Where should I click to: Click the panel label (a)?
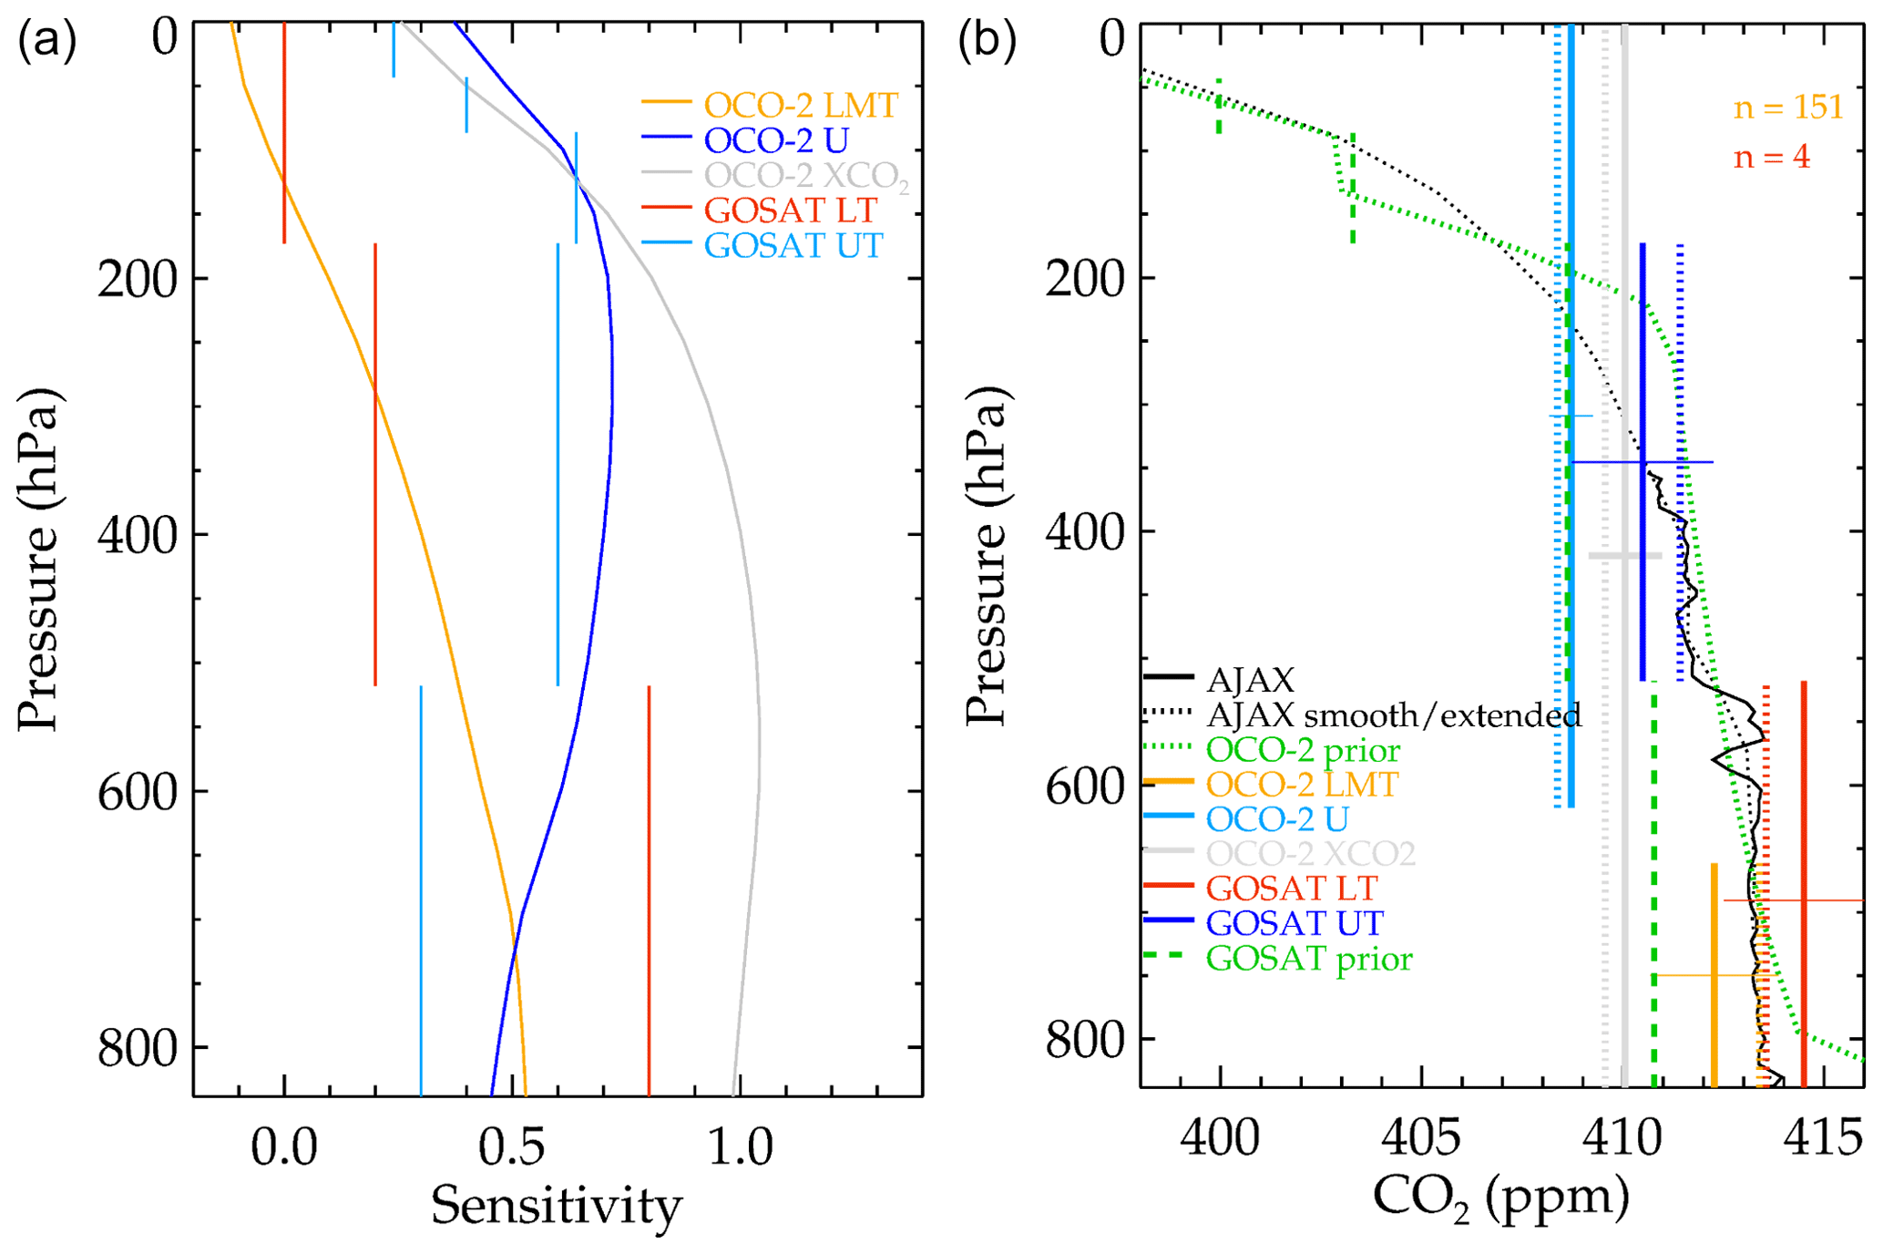pyautogui.click(x=47, y=42)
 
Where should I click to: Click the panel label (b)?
pyautogui.click(x=987, y=42)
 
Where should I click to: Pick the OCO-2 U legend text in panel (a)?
pyautogui.click(x=776, y=140)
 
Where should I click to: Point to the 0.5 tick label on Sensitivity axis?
pyautogui.click(x=512, y=1146)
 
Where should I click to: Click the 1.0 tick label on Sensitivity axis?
pyautogui.click(x=741, y=1146)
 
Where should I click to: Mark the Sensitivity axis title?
pyautogui.click(x=556, y=1206)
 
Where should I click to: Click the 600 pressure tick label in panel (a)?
pyautogui.click(x=150, y=789)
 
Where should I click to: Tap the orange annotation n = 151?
pyautogui.click(x=1788, y=107)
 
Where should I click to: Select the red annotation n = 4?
pyautogui.click(x=1771, y=157)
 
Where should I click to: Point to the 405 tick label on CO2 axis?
pyautogui.click(x=1421, y=1138)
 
